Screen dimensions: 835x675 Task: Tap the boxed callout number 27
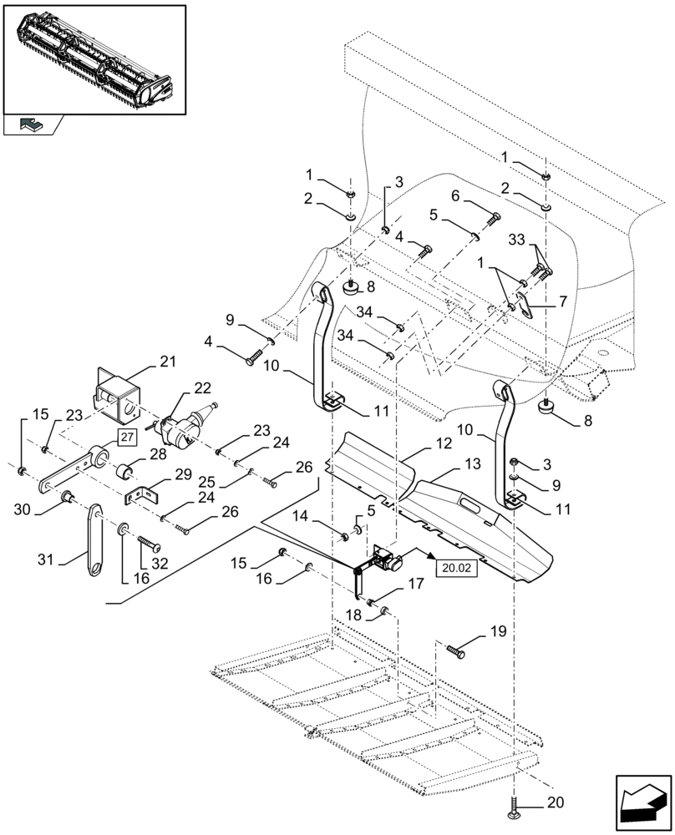pos(126,437)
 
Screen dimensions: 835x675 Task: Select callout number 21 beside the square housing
pos(168,362)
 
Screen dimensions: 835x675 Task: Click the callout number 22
pos(202,388)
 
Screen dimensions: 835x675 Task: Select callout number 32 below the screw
pos(160,564)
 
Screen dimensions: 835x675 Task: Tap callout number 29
pos(182,473)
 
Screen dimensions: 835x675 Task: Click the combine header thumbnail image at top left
pos(94,58)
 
